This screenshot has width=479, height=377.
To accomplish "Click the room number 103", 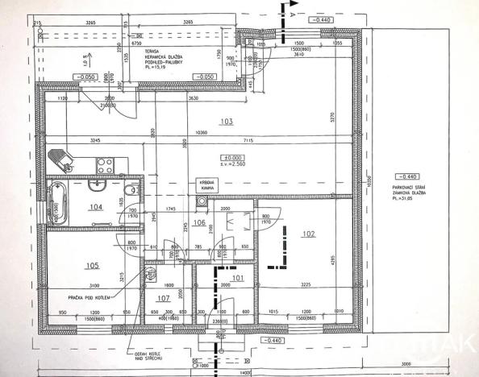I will (227, 122).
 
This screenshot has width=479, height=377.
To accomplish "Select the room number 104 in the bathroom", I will (97, 208).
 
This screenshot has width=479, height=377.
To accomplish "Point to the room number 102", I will (306, 234).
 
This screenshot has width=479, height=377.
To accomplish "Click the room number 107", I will (163, 298).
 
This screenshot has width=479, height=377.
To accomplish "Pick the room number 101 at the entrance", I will (237, 279).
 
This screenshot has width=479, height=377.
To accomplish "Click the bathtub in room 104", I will (56, 201).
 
